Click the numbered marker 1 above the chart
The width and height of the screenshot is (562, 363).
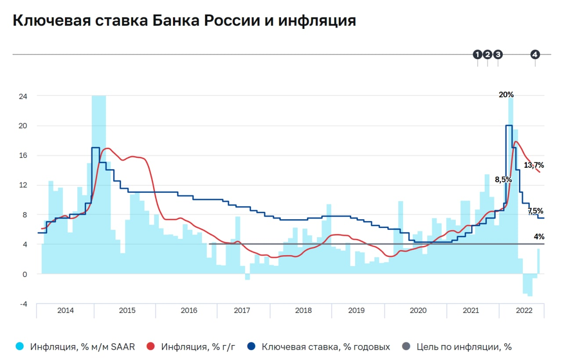[477, 54]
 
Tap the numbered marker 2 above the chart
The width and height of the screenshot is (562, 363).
[487, 54]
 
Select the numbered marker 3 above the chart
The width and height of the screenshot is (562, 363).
[498, 54]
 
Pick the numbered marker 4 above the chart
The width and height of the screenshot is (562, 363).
[535, 54]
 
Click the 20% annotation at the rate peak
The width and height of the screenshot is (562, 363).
[506, 94]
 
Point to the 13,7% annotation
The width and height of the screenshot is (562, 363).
[534, 165]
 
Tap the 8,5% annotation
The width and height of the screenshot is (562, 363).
[503, 179]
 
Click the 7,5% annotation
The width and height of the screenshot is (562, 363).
[535, 211]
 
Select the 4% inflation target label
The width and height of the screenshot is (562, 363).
[539, 237]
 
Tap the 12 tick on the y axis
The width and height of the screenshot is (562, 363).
[22, 185]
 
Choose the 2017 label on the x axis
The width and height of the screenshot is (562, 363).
[242, 310]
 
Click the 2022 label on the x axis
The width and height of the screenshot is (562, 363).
[524, 310]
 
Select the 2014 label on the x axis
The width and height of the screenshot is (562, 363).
[65, 310]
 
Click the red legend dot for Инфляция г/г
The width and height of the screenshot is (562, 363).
[151, 347]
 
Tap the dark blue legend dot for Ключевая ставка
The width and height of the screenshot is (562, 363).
[252, 347]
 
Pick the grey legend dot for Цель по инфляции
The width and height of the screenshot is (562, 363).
[406, 347]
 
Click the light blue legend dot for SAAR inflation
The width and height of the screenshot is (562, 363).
[19, 347]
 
